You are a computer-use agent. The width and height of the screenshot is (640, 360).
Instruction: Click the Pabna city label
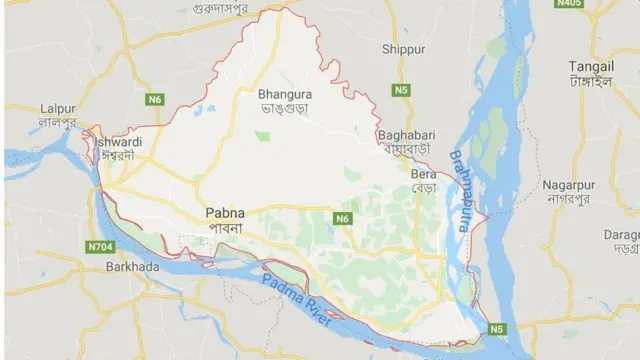tap(224, 212)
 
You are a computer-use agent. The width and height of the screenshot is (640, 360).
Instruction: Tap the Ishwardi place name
tap(118, 142)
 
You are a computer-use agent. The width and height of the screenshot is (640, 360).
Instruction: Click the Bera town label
tap(423, 173)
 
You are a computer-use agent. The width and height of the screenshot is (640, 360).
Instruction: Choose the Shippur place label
tap(403, 48)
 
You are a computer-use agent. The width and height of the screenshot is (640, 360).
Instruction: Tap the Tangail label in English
tap(590, 65)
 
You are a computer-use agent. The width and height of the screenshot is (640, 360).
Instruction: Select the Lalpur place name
tap(59, 108)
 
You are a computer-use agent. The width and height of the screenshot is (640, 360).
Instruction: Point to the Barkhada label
tap(133, 267)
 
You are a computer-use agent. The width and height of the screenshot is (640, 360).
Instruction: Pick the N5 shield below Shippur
tap(402, 90)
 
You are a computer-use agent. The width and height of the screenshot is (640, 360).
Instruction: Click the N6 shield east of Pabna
tap(343, 218)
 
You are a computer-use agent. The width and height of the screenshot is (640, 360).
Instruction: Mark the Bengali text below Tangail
tap(590, 80)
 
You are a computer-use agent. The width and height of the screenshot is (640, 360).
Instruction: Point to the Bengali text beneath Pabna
tap(224, 227)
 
